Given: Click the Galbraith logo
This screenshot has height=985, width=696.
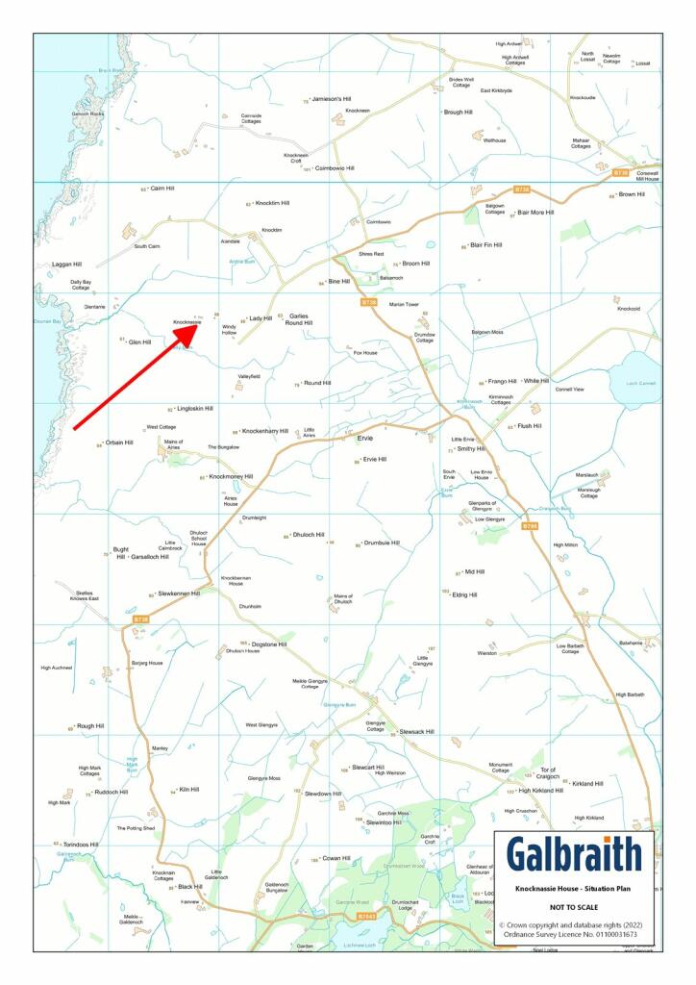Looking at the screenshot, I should pyautogui.click(x=574, y=854).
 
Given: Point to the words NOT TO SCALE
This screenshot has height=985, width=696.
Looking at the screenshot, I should pyautogui.click(x=573, y=907).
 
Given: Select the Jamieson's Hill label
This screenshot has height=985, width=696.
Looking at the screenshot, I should pyautogui.click(x=332, y=99).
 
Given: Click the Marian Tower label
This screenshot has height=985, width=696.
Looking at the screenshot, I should pyautogui.click(x=404, y=304).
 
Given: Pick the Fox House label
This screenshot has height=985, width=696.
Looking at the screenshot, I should pyautogui.click(x=365, y=353).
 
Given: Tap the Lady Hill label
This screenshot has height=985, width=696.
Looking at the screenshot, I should pyautogui.click(x=261, y=318).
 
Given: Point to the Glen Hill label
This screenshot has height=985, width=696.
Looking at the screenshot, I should pyautogui.click(x=139, y=341).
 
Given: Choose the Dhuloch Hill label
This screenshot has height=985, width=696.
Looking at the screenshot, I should pyautogui.click(x=308, y=535).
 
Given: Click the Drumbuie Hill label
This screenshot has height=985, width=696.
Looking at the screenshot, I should pyautogui.click(x=381, y=543).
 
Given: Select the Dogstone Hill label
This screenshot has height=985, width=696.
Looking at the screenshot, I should pyautogui.click(x=268, y=644).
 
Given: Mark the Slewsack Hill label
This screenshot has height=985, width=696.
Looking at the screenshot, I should pyautogui.click(x=416, y=732).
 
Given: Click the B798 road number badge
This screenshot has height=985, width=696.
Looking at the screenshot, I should pyautogui.click(x=530, y=526).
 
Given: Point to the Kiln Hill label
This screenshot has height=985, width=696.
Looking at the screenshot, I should pyautogui.click(x=188, y=790).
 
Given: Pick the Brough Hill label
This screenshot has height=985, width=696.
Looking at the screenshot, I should pyautogui.click(x=457, y=113).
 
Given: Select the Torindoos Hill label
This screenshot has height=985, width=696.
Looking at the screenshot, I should pyautogui.click(x=82, y=845).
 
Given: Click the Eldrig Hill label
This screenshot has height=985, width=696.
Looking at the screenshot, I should pyautogui.click(x=463, y=594).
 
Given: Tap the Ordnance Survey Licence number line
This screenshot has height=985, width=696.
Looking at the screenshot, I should pyautogui.click(x=573, y=934).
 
